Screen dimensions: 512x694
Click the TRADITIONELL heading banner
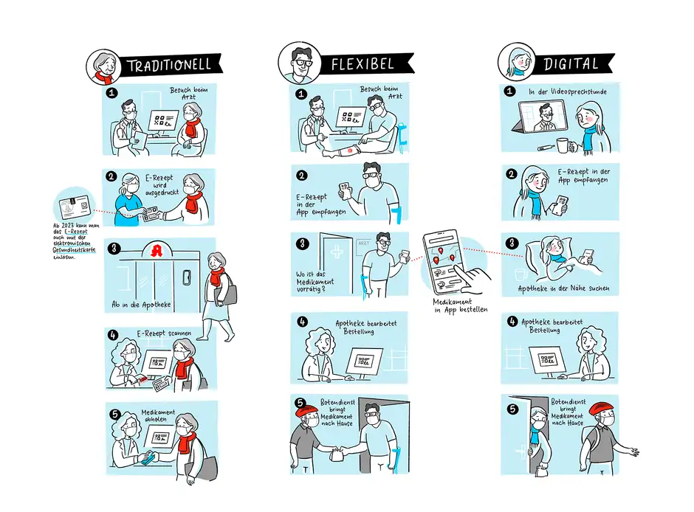point(168,64)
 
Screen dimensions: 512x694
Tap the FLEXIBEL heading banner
point(357,64)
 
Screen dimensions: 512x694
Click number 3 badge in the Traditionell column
point(112,249)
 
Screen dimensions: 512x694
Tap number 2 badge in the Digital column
point(510,174)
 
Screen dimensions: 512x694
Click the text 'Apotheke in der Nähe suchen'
point(564,288)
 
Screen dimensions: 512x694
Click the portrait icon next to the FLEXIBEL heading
point(298,61)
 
